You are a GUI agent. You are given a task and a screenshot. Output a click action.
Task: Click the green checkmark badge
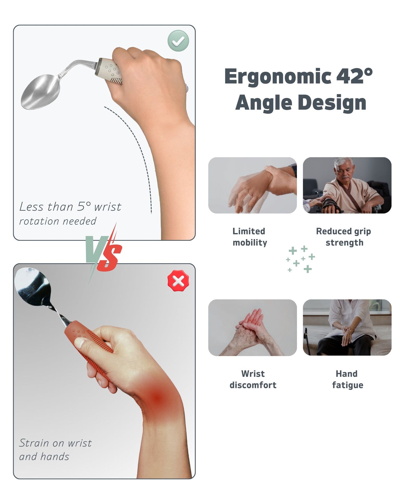tap(178, 41)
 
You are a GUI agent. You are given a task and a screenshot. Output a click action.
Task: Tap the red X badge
tap(178, 281)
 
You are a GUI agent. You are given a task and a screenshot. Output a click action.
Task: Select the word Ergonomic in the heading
tap(278, 76)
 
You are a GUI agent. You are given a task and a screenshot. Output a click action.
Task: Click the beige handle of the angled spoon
tap(110, 70)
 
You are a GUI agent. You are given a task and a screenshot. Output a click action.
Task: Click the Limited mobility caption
tap(250, 237)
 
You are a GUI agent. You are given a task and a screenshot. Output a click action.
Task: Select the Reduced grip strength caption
tap(344, 237)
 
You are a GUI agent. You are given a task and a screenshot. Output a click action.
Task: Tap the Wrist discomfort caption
tap(253, 379)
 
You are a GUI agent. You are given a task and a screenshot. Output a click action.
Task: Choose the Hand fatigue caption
tap(347, 379)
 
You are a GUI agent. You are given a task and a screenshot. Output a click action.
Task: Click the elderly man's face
tap(344, 171)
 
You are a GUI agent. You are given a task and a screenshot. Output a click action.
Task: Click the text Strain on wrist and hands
tap(55, 450)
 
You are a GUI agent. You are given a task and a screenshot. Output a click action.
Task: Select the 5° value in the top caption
tap(84, 207)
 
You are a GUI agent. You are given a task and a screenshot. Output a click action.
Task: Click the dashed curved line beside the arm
tap(140, 148)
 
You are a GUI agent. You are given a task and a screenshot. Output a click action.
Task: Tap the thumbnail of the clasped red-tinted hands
tap(252, 328)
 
